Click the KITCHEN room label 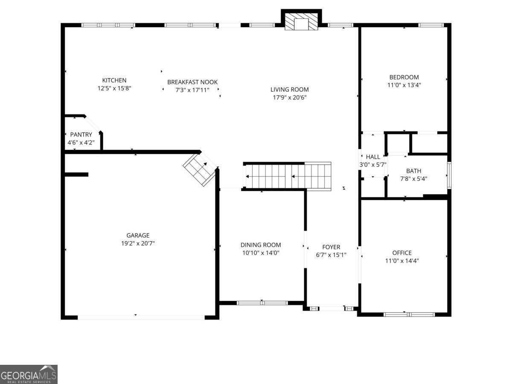pyautogui.click(x=114, y=80)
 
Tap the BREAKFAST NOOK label pyautogui.click(x=192, y=82)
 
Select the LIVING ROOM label pyautogui.click(x=289, y=90)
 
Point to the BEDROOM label pyautogui.click(x=404, y=77)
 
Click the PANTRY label pyautogui.click(x=81, y=135)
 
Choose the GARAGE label pyautogui.click(x=138, y=236)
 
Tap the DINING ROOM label pyautogui.click(x=261, y=245)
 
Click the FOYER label pyautogui.click(x=331, y=247)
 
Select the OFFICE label pyautogui.click(x=402, y=253)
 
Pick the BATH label pyautogui.click(x=413, y=171)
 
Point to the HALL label pyautogui.click(x=372, y=157)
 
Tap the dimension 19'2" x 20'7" pyautogui.click(x=138, y=244)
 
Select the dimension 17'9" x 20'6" pyautogui.click(x=289, y=97)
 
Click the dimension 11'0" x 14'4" pyautogui.click(x=402, y=261)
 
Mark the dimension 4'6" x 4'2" pyautogui.click(x=81, y=143)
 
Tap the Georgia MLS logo pyautogui.click(x=29, y=374)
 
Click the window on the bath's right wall pyautogui.click(x=449, y=175)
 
